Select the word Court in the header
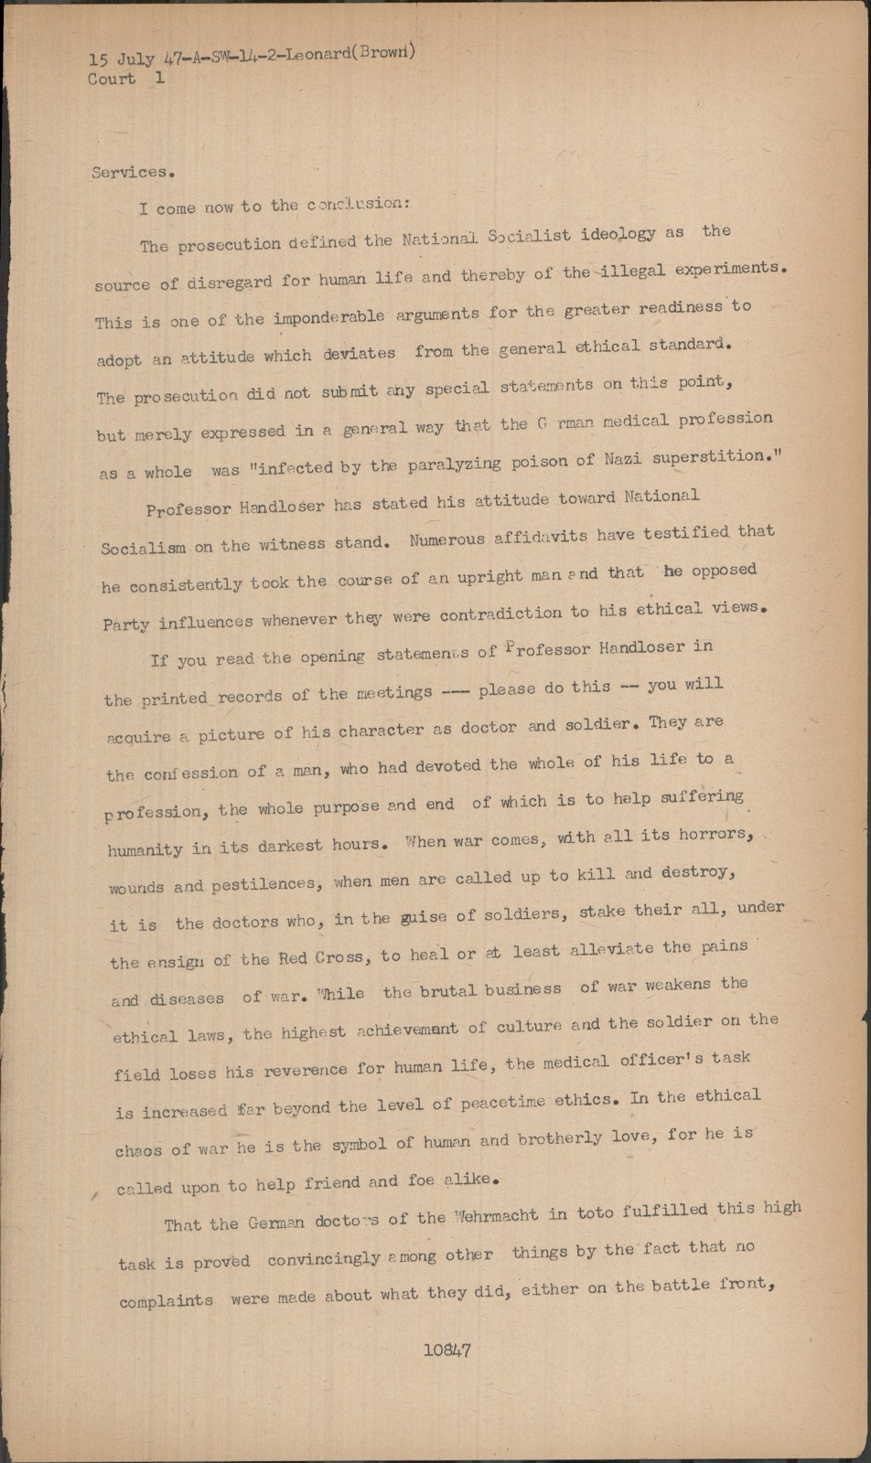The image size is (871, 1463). pyautogui.click(x=112, y=79)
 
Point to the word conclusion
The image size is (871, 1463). pyautogui.click(x=353, y=204)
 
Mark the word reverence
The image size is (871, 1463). pyautogui.click(x=306, y=1069)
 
